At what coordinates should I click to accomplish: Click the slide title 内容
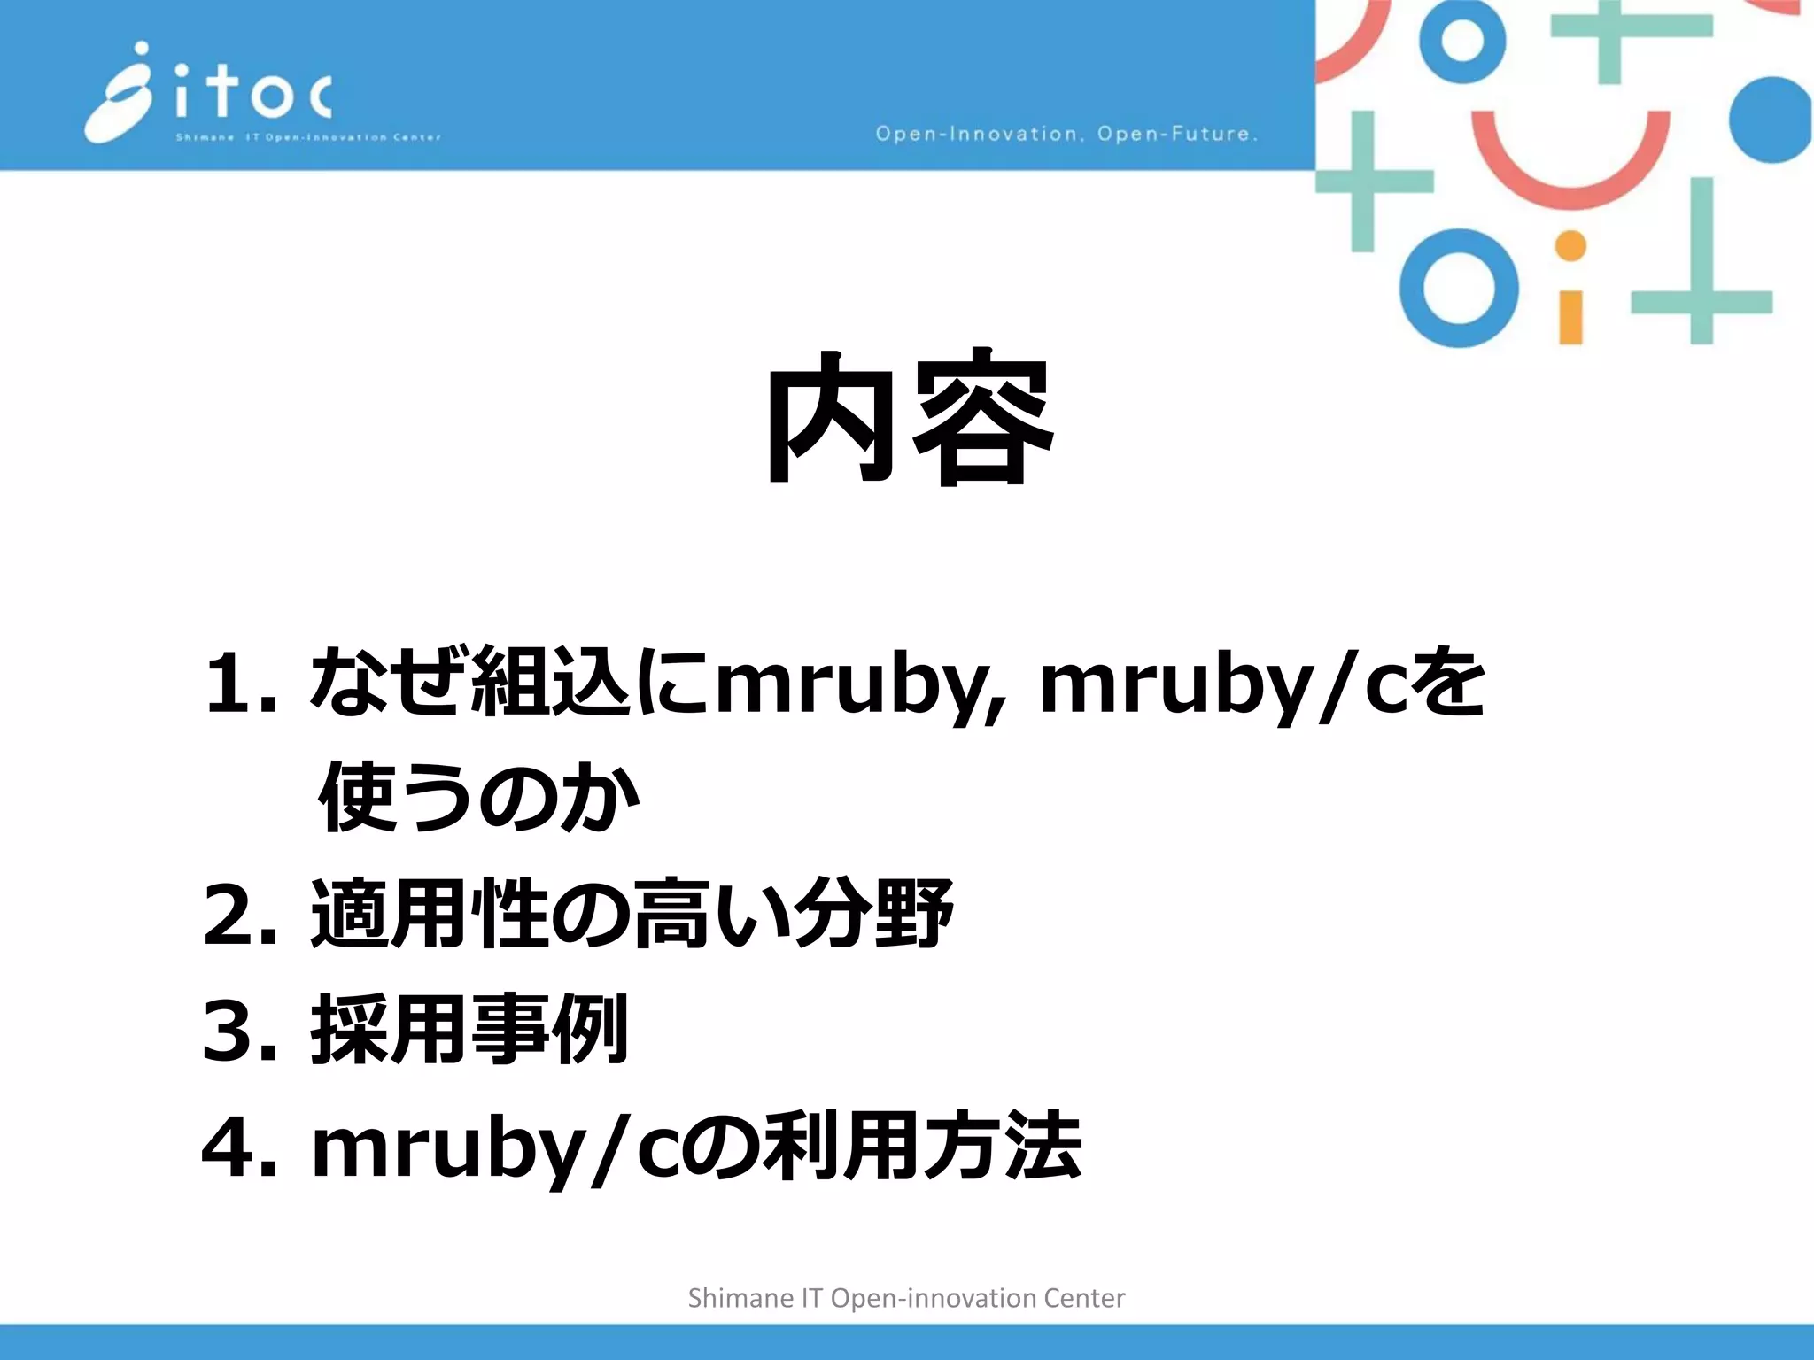click(909, 417)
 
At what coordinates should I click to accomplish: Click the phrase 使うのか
click(478, 798)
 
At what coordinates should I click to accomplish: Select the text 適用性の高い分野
click(632, 914)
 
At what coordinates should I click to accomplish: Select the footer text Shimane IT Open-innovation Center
click(906, 1298)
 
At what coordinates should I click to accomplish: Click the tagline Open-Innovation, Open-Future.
click(1066, 134)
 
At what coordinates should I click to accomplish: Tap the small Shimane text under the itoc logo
click(204, 137)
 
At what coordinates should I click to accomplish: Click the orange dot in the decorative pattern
click(1570, 246)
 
